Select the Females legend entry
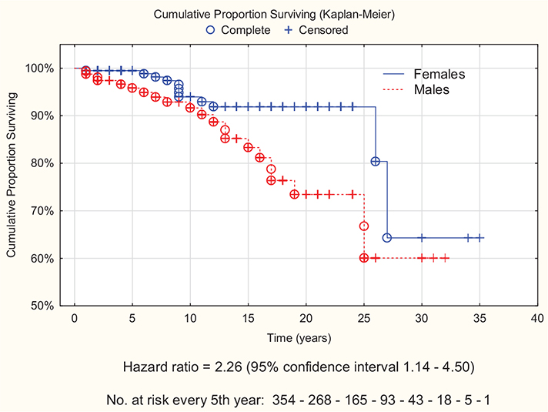(439, 74)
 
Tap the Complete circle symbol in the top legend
(211, 30)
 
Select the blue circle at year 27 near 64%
(386, 238)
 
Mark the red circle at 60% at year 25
(363, 257)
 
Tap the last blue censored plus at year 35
(479, 238)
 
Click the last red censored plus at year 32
(445, 258)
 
